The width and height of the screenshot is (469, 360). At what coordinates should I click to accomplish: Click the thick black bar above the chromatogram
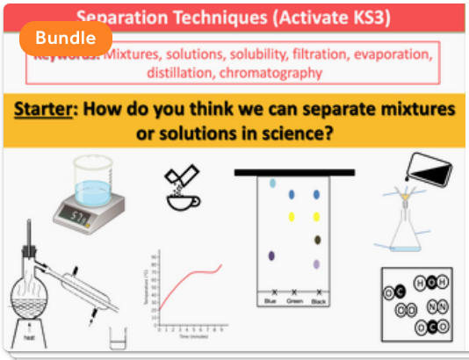click(x=294, y=172)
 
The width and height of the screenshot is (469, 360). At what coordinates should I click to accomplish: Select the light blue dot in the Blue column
click(x=273, y=184)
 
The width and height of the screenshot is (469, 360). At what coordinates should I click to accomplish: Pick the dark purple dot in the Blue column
click(x=272, y=256)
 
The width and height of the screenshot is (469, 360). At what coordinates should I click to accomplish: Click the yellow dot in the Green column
click(x=292, y=216)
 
